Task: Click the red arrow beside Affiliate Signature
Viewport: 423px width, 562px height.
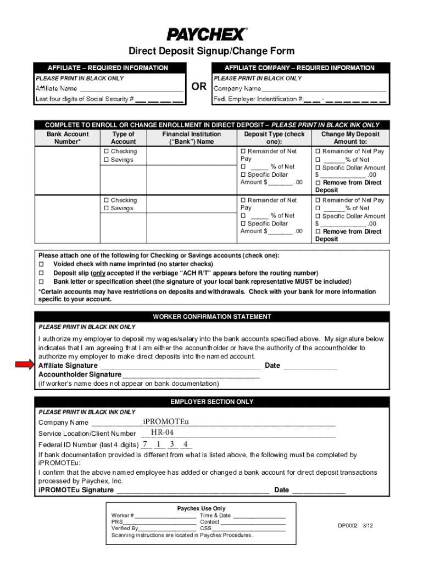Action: [24, 365]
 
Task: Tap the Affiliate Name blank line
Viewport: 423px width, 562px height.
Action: [131, 88]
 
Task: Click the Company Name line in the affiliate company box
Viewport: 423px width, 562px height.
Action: [324, 88]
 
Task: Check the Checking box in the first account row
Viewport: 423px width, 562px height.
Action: [107, 151]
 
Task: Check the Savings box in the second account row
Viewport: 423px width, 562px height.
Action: [107, 209]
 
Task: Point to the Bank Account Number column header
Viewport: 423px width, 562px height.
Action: [68, 138]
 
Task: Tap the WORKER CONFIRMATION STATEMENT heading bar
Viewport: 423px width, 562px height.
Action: [211, 317]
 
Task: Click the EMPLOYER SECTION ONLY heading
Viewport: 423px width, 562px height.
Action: [211, 402]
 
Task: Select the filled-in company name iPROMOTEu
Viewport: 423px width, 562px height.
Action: [166, 421]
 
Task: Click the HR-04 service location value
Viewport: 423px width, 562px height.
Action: [162, 433]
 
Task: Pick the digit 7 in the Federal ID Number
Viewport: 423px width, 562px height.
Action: [145, 444]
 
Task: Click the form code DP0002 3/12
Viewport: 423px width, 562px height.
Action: [355, 525]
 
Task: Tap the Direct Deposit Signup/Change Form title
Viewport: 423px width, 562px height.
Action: [211, 51]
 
